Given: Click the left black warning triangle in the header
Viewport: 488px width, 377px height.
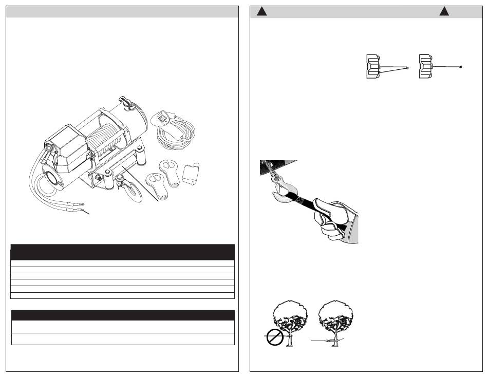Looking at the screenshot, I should [261, 12].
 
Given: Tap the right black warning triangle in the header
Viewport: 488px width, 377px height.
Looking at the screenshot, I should [444, 12].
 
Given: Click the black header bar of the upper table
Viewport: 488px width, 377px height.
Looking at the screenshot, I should [122, 252].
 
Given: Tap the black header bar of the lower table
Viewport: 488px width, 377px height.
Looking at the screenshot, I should [122, 315].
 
